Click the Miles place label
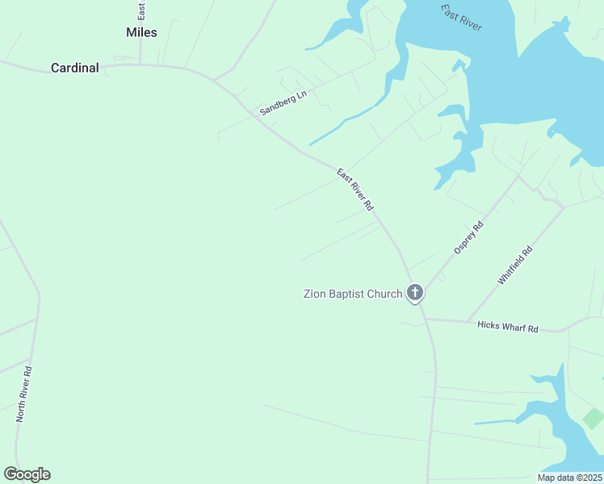pyautogui.click(x=141, y=32)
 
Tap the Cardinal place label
pyautogui.click(x=74, y=69)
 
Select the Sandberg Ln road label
pyautogui.click(x=283, y=102)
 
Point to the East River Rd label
pyautogui.click(x=355, y=190)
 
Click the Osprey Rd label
pyautogui.click(x=468, y=238)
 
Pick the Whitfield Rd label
pyautogui.click(x=515, y=265)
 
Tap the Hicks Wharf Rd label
pyautogui.click(x=507, y=327)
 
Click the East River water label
pyautogui.click(x=461, y=18)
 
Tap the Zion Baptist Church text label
pyautogui.click(x=352, y=294)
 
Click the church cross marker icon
pyautogui.click(x=415, y=292)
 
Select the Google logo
pyautogui.click(x=27, y=474)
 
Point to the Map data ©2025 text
pyautogui.click(x=569, y=478)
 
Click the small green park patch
pyautogui.click(x=594, y=419)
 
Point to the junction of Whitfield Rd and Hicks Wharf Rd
pyautogui.click(x=467, y=322)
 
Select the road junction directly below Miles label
pyautogui.click(x=141, y=65)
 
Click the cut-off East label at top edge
pyautogui.click(x=141, y=9)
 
